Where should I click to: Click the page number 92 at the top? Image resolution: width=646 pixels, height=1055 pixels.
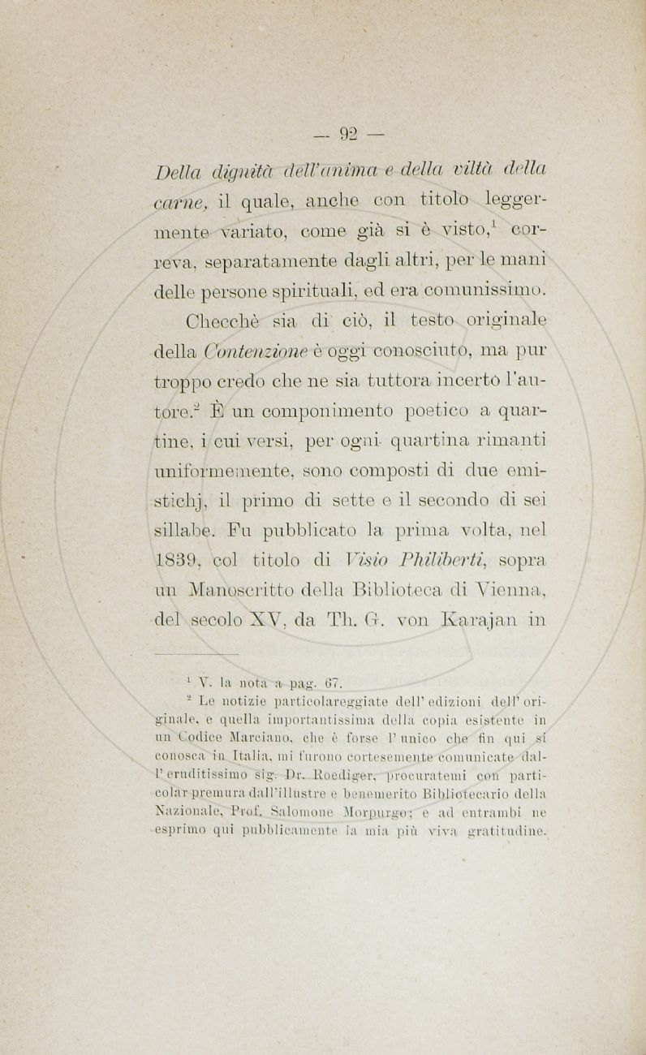pos(351,132)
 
